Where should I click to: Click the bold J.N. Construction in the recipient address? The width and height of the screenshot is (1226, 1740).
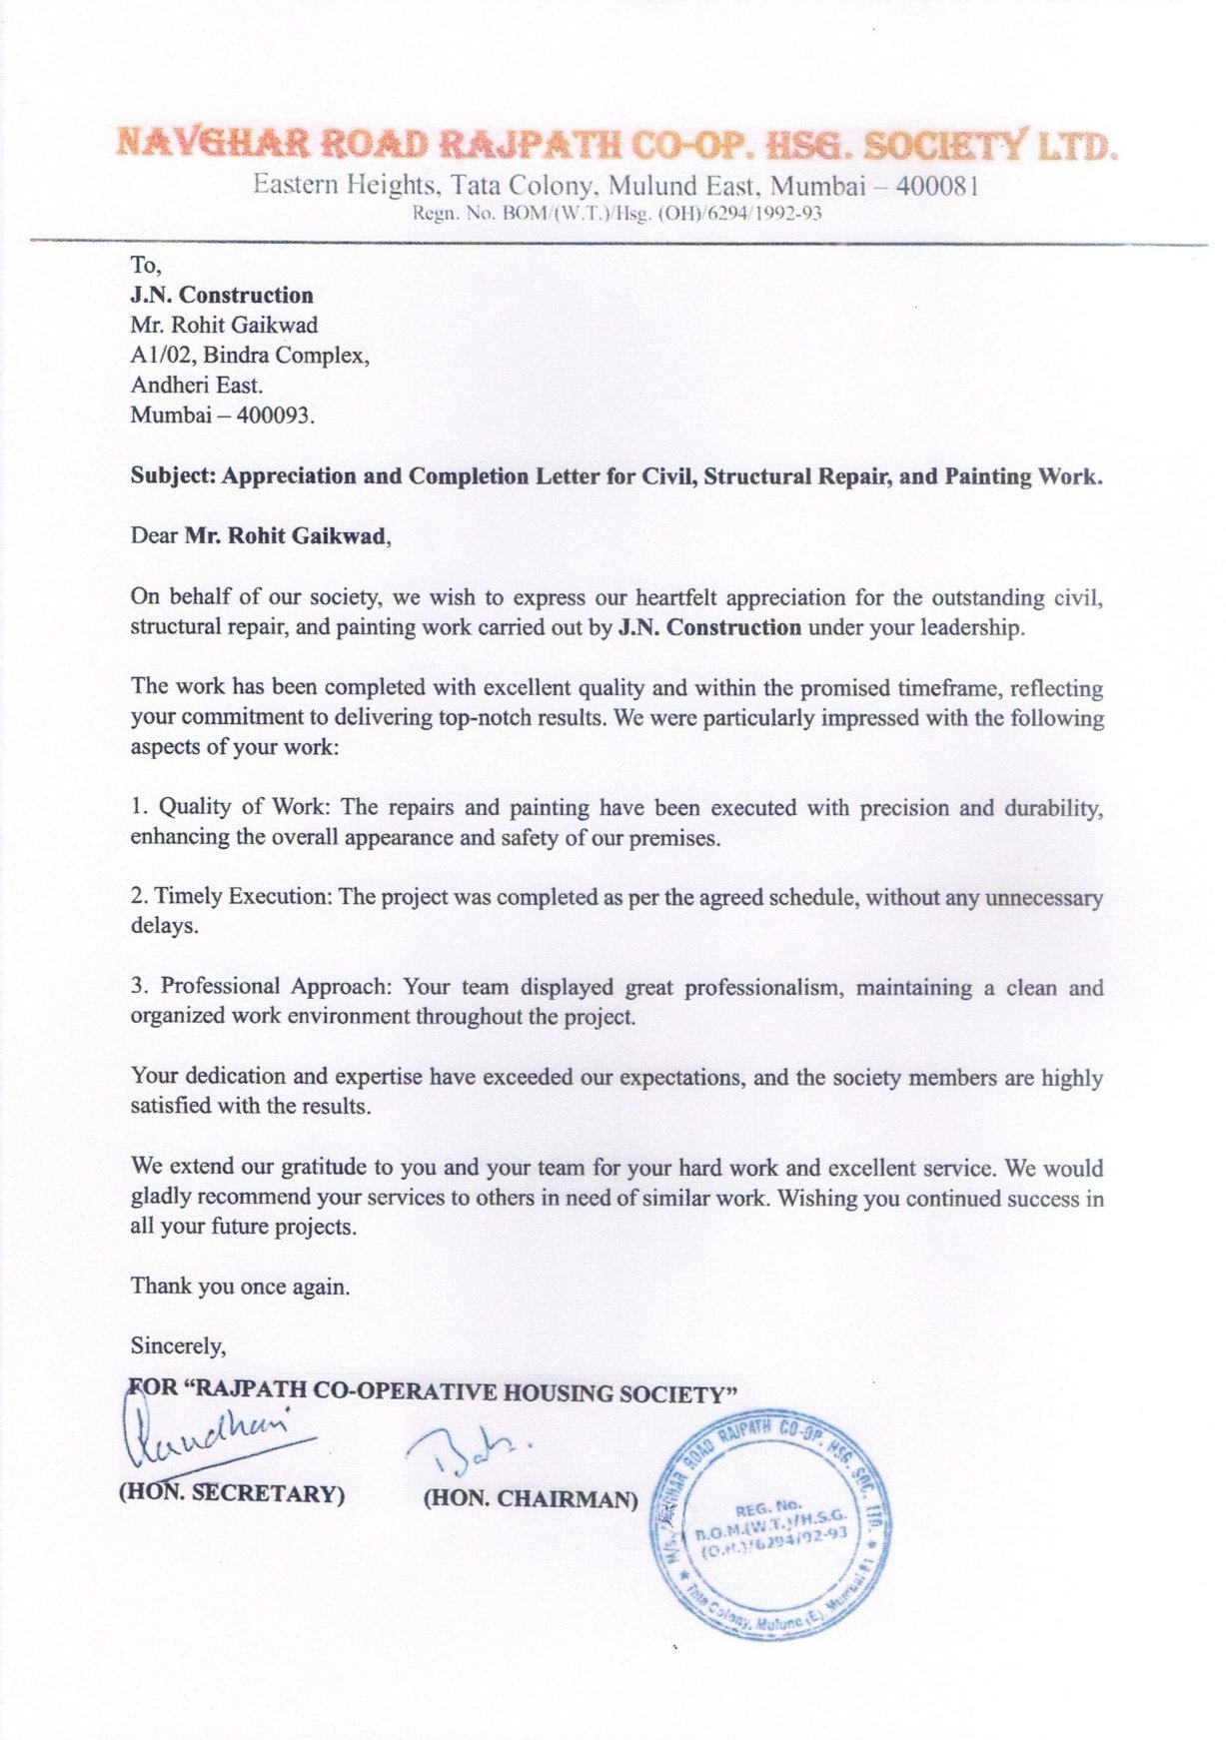(x=221, y=296)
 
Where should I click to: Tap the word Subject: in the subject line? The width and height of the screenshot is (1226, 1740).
(x=173, y=476)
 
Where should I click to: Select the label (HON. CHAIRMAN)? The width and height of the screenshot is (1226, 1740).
(x=531, y=1498)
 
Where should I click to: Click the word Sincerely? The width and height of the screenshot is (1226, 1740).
(x=178, y=1346)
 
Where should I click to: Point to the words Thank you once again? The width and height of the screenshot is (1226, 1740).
(x=240, y=1287)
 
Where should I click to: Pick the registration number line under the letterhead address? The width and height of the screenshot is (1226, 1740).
(x=616, y=213)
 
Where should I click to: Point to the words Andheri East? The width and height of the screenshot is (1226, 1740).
(x=197, y=386)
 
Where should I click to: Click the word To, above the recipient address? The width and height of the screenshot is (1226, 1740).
(x=145, y=266)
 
